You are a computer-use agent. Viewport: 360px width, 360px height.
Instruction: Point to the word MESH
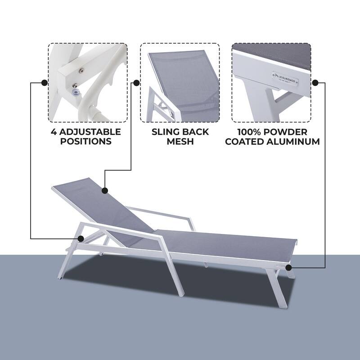coord(180,141)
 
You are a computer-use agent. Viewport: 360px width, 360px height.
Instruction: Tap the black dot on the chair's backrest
coord(105,190)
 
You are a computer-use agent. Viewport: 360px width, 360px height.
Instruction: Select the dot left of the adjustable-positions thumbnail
coord(44,83)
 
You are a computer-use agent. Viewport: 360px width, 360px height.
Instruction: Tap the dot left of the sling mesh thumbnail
coord(135,83)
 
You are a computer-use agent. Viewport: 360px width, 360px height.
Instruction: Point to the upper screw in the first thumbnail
coord(81,69)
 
